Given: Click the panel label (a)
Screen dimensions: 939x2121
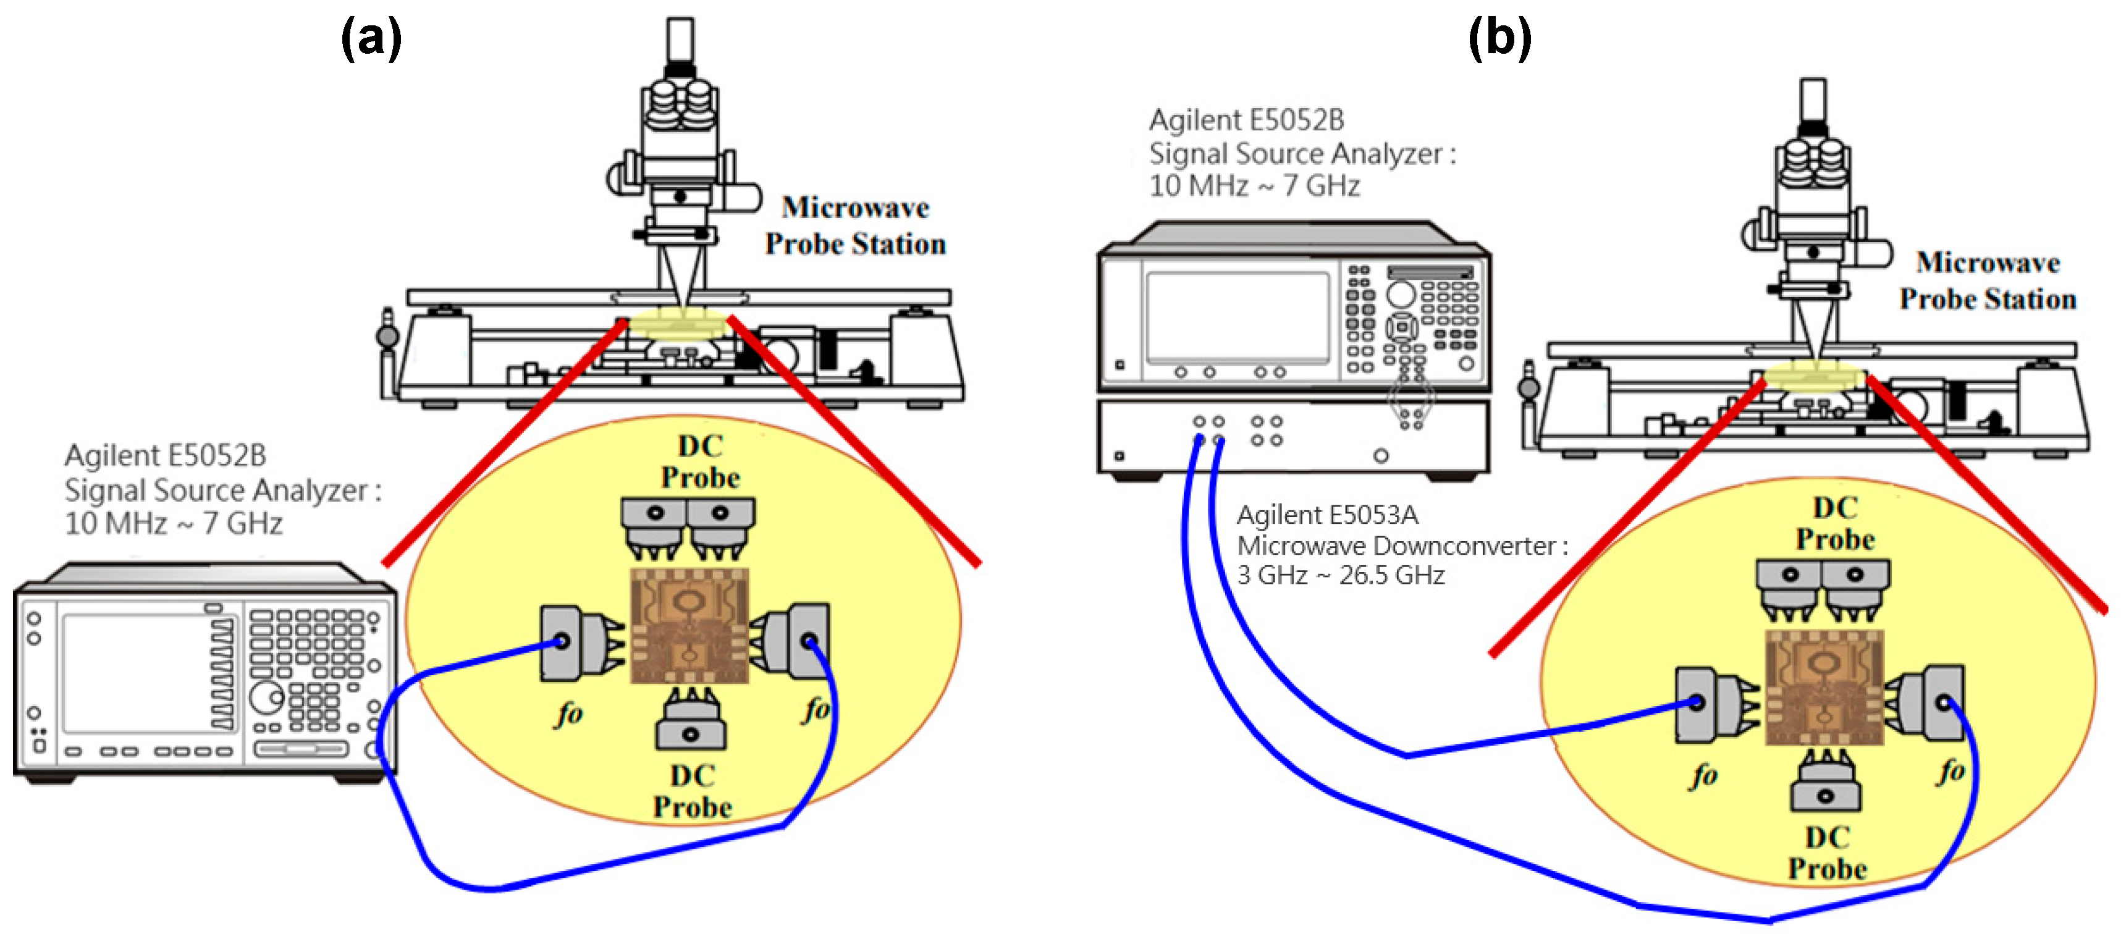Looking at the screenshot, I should pos(371,39).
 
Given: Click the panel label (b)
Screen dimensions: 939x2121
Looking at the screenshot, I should pos(1499,39).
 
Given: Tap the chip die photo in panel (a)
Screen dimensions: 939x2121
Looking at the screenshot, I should pos(689,625).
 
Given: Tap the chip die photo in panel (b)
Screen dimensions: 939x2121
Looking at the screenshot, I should pos(1824,687).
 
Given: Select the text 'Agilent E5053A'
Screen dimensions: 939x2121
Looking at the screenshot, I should pos(1327,515).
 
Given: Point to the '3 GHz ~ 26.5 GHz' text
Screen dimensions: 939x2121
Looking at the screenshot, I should pos(1341,575).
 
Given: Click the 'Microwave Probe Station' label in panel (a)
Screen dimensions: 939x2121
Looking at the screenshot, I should pos(856,225).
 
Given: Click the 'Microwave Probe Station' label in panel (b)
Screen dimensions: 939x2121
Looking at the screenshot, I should pos(1988,280).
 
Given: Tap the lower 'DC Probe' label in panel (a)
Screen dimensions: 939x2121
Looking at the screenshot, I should pos(693,791).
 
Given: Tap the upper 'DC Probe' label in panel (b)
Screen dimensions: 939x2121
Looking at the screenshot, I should pos(1836,523).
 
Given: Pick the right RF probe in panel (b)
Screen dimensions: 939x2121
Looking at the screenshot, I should pos(1931,704).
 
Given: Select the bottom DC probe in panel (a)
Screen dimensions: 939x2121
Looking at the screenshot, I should pos(690,722).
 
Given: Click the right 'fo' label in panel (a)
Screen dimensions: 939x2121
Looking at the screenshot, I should pos(817,709).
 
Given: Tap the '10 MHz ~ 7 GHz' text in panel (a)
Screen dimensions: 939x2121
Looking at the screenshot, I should pos(174,523).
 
